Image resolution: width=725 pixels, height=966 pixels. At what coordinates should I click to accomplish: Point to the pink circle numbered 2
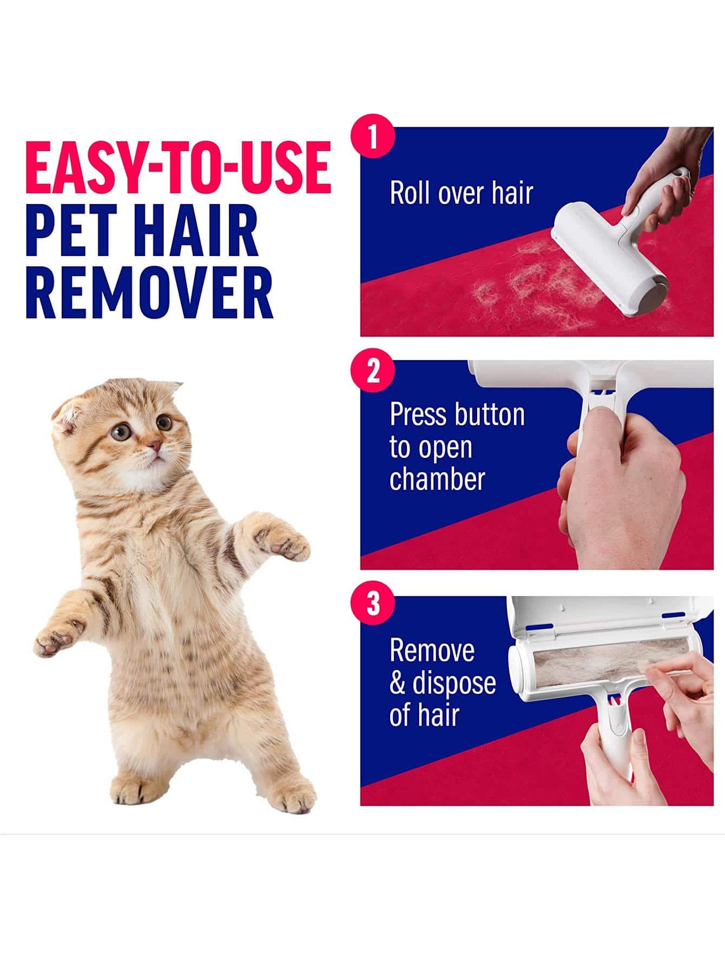pyautogui.click(x=373, y=371)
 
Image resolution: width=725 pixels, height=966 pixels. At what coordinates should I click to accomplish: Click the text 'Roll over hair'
pyautogui.click(x=461, y=193)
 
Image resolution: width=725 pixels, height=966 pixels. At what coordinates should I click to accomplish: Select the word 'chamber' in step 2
pyautogui.click(x=437, y=479)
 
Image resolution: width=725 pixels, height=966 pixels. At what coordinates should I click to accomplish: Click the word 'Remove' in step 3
pyautogui.click(x=432, y=650)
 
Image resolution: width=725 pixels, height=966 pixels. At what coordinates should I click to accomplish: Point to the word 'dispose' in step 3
pyautogui.click(x=454, y=683)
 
